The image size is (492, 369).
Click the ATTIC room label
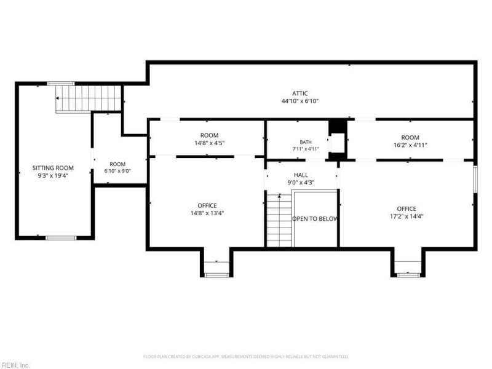coord(300,93)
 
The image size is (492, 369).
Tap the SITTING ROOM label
coord(53,168)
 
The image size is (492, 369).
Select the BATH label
coord(306,142)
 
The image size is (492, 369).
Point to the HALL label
coord(301,175)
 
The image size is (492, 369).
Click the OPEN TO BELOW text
coord(315,219)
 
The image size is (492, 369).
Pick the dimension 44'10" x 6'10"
coord(300,101)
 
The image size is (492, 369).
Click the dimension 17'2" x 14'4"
coord(407,216)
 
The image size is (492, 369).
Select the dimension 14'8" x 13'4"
coord(207,213)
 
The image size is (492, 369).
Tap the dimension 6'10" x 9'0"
coord(117,171)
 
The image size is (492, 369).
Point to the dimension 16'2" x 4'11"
coord(410,145)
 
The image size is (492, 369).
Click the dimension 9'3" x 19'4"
coord(53,176)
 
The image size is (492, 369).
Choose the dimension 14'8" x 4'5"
coord(209,143)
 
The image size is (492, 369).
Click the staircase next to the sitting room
coord(89,98)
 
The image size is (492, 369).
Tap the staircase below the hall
coord(279,220)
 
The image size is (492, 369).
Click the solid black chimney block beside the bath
coord(338,127)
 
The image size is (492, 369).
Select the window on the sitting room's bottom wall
coord(61,238)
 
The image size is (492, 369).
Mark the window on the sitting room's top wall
coord(61,84)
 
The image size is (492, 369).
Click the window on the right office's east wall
coord(475,179)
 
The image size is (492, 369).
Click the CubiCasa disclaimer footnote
coord(246,357)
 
